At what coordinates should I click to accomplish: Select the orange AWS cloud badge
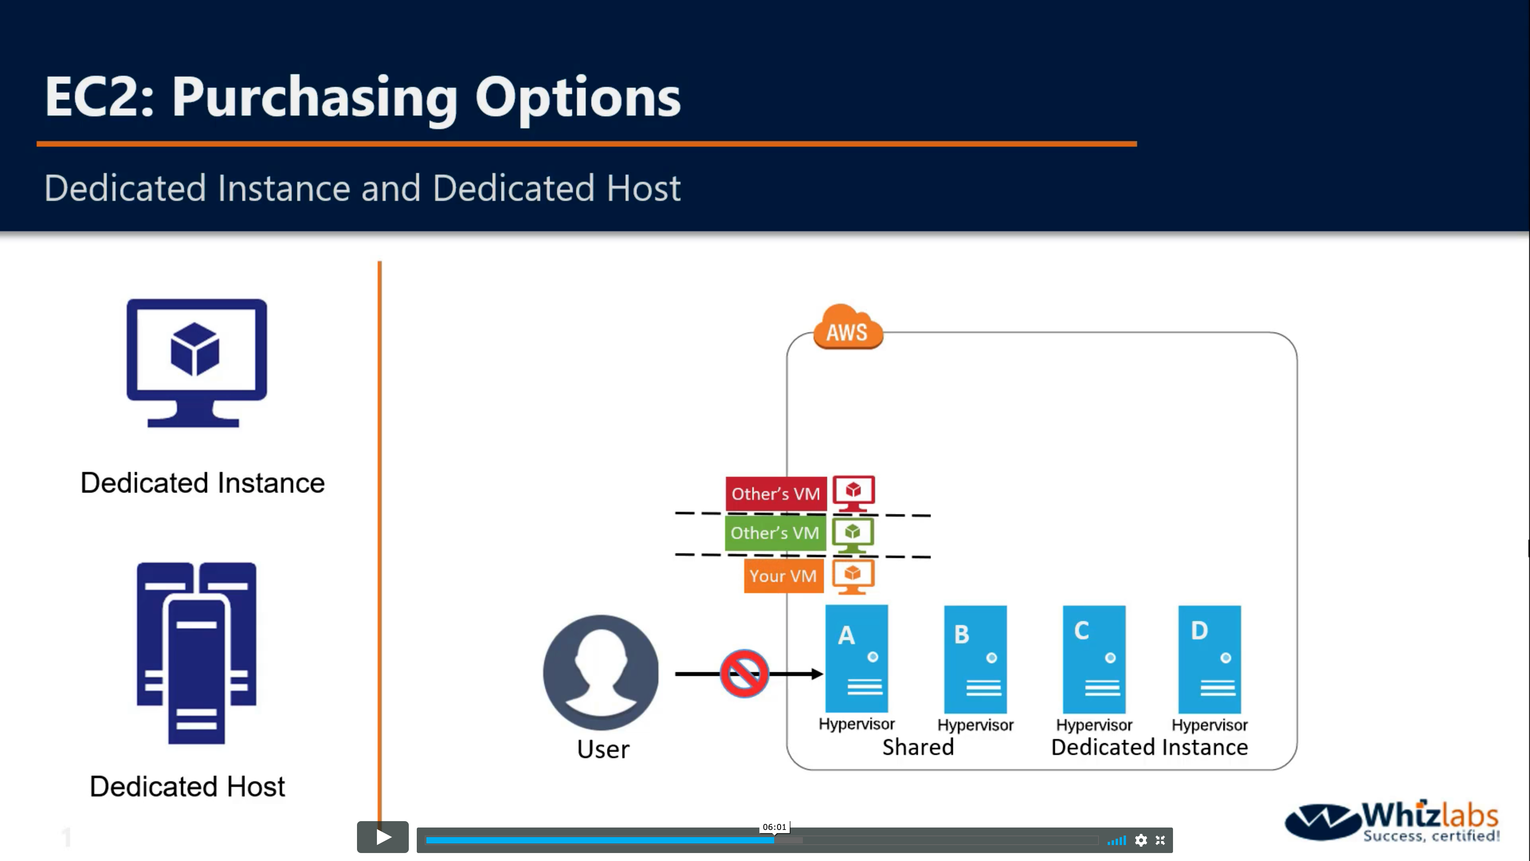tap(847, 328)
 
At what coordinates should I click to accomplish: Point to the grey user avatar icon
tap(601, 672)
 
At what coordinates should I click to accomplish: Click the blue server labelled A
tap(857, 659)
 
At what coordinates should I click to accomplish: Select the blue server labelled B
tap(975, 659)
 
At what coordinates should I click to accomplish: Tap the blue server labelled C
tap(1094, 659)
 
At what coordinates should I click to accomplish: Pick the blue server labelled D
tap(1209, 659)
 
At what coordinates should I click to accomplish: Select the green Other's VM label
tap(775, 533)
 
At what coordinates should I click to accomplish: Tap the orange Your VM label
tap(783, 576)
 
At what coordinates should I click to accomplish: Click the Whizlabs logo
tap(1392, 822)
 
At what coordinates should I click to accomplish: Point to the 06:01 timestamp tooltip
tap(775, 827)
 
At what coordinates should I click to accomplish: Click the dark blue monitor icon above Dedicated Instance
tap(196, 362)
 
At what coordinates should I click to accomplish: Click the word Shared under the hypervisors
tap(918, 747)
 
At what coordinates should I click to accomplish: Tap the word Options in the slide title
tap(577, 97)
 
